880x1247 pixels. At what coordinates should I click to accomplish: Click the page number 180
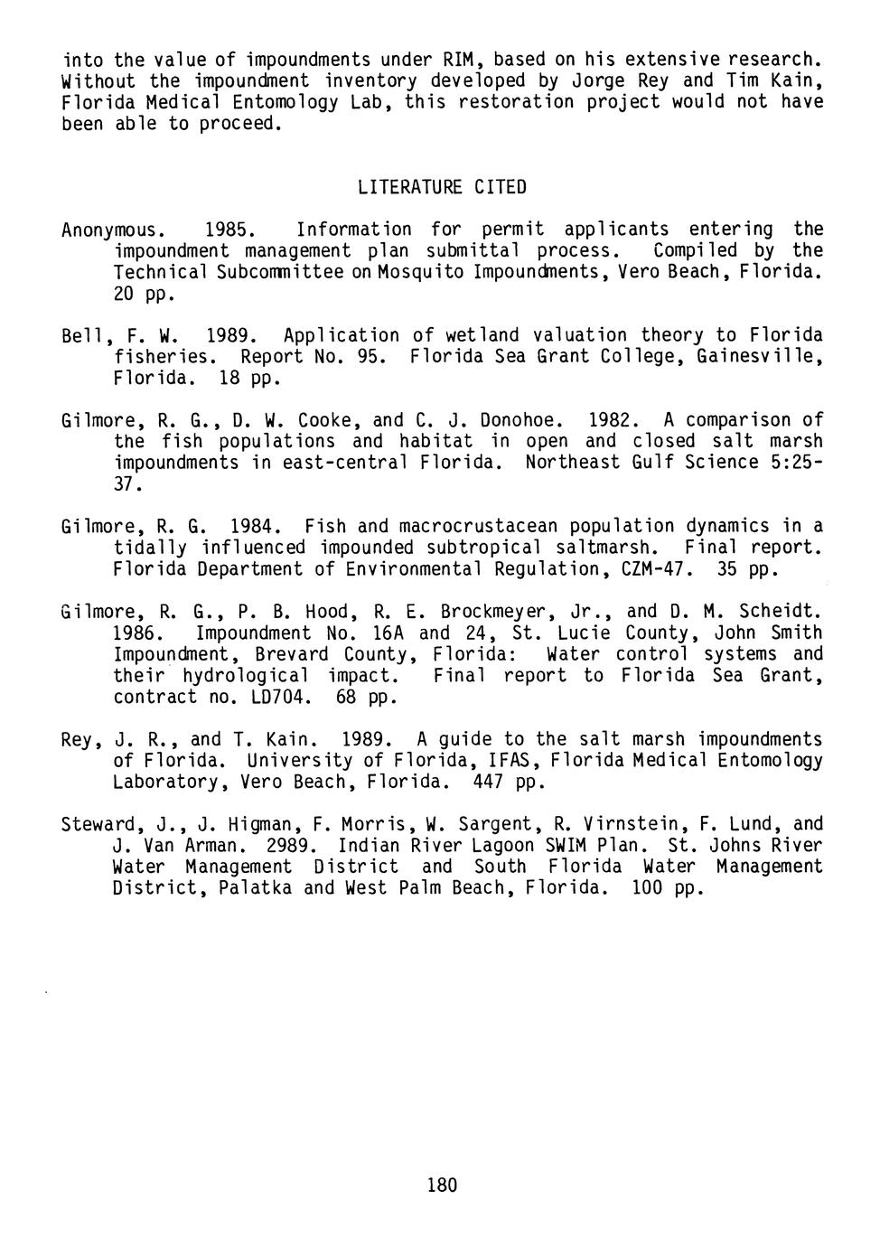click(442, 1185)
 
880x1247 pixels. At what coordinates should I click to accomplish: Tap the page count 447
click(489, 782)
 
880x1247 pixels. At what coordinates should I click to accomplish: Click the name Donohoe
click(521, 420)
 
